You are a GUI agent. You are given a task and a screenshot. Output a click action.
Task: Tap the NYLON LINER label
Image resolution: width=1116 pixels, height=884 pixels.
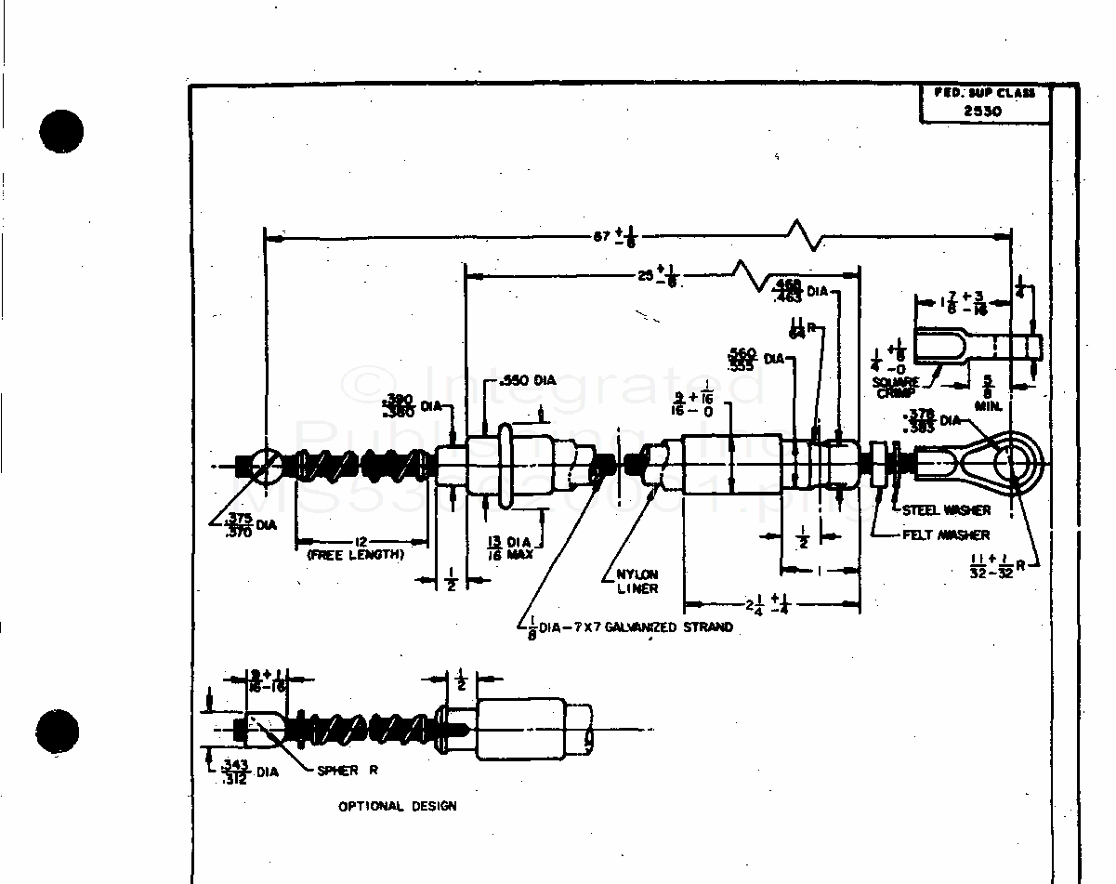[x=637, y=581]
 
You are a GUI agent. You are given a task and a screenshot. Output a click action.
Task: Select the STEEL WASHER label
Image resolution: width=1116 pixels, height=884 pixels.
[x=946, y=510]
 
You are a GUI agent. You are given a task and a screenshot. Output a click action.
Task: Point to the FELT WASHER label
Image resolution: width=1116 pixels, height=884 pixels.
[x=946, y=535]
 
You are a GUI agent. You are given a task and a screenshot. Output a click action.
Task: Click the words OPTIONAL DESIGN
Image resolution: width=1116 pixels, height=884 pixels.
[x=397, y=806]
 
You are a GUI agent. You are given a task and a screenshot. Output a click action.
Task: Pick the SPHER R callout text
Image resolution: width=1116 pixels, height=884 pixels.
[x=348, y=771]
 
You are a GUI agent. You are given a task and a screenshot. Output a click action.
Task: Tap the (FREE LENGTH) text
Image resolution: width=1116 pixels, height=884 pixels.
[x=355, y=555]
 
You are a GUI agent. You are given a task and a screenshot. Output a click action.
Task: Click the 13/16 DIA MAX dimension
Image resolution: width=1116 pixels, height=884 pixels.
[x=510, y=548]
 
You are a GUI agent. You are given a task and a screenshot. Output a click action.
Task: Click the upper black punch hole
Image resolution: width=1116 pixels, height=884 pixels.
[x=62, y=130]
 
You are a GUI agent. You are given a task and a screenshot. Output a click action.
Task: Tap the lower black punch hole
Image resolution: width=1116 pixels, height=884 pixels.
[x=62, y=731]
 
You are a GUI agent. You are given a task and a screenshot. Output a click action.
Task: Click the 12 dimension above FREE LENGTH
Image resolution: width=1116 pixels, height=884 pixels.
[x=358, y=541]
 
